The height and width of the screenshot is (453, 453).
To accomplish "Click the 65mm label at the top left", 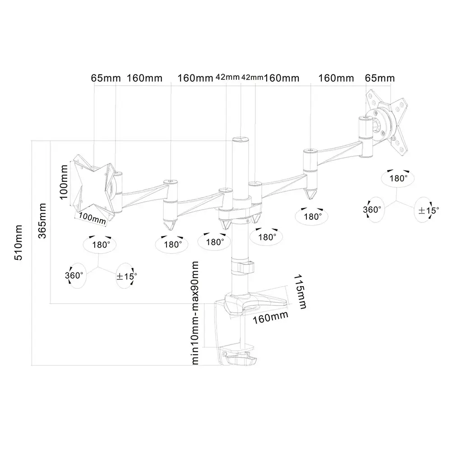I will coord(106,78).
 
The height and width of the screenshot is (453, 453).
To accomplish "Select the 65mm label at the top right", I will coord(379,78).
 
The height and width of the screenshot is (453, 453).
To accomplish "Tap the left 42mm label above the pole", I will coord(227,77).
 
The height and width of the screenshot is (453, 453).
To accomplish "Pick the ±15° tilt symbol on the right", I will coord(426,210).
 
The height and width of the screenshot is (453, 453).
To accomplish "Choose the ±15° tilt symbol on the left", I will coord(126,276).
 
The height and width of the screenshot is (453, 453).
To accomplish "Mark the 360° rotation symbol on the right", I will coord(373,209).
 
